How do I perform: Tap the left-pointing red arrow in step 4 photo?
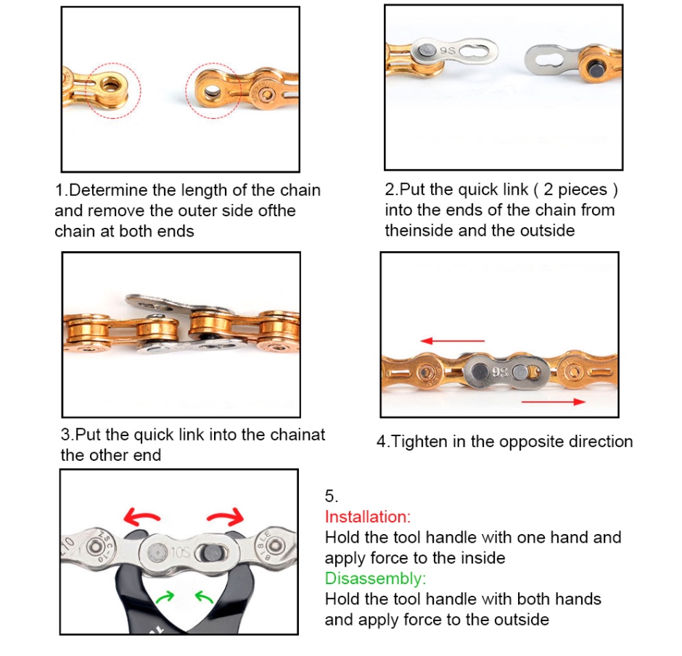[452, 340]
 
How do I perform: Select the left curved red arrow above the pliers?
[140, 516]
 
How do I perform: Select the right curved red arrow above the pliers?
[226, 516]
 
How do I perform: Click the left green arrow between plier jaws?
[165, 596]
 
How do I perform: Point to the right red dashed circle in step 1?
[213, 64]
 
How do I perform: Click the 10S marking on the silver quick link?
[180, 552]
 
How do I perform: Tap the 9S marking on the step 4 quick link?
[501, 372]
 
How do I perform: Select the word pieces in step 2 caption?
[583, 190]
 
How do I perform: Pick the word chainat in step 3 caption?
[297, 435]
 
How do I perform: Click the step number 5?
[331, 496]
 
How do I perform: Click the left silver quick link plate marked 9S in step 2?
[454, 52]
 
